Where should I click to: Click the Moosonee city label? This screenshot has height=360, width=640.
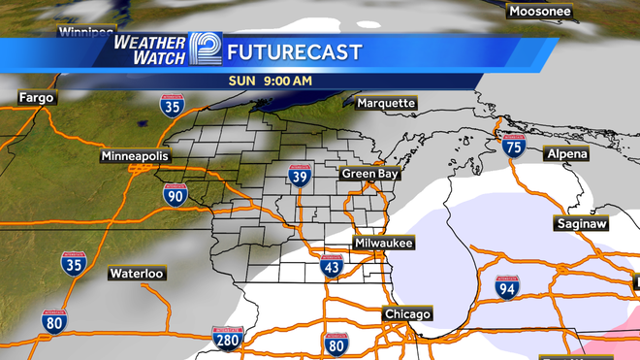click(x=540, y=12)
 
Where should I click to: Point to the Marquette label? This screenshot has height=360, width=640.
click(x=385, y=103)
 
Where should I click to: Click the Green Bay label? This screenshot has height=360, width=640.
click(x=369, y=174)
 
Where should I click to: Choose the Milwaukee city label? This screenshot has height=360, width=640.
click(x=384, y=243)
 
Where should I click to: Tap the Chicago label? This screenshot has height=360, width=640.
click(x=407, y=314)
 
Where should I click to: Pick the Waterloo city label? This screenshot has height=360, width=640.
click(x=136, y=274)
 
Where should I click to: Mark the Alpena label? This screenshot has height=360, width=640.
click(x=566, y=154)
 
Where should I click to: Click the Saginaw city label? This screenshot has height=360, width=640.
click(x=581, y=224)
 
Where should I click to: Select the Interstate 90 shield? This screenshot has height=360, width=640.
click(x=175, y=195)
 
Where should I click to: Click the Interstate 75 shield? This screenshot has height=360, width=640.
click(x=513, y=147)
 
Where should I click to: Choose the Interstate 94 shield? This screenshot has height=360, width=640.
click(x=505, y=286)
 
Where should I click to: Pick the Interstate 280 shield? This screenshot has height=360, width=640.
click(x=227, y=340)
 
